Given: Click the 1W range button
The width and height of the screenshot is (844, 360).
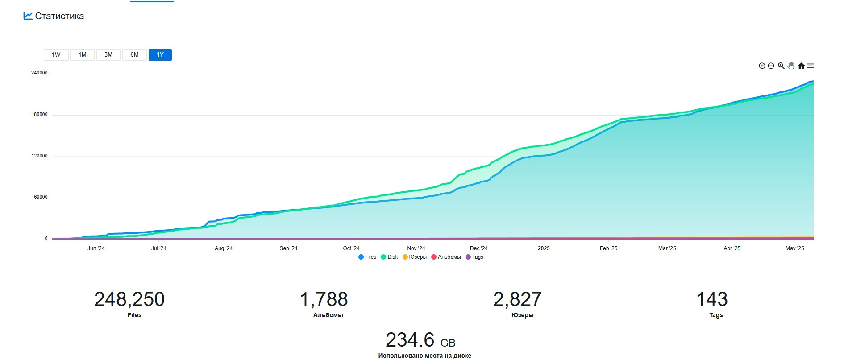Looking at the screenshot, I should pos(56,55).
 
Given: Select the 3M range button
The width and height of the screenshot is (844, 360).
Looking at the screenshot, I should pos(108,55).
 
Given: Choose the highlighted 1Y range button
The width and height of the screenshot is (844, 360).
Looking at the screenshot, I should pos(160,55).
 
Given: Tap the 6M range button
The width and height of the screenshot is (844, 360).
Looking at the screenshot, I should pos(134,55).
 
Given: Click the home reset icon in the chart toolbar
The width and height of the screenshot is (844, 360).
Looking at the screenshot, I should pos(801,66).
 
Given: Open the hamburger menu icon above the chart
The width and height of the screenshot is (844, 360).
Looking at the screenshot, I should pos(811,66).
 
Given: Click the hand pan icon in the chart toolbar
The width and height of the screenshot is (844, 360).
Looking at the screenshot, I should pos(791,66).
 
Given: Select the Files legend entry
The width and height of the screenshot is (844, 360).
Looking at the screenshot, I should pos(367,257).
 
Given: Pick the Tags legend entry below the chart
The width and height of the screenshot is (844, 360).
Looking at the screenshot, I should pos(474,257).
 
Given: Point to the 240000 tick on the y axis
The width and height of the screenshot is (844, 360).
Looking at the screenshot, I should pos(39,73).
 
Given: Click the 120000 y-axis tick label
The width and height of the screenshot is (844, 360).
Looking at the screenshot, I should pos(39,156).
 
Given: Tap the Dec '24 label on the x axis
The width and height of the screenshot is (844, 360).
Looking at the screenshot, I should pos(479,248).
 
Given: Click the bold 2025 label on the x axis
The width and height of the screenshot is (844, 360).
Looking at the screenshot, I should pos(544,248).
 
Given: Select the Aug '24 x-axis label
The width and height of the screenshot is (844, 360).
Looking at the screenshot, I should pos(224,248).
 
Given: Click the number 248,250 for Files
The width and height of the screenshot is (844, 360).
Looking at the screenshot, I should pos(129,299).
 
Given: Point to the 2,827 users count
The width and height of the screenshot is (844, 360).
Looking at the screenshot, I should pos(517,299).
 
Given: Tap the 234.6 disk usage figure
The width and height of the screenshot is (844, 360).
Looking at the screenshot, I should pos(410,340).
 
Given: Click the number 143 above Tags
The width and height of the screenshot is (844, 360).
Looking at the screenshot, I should pos(712,299).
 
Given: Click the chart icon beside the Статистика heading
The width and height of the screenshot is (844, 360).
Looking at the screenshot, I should pos(28,16).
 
